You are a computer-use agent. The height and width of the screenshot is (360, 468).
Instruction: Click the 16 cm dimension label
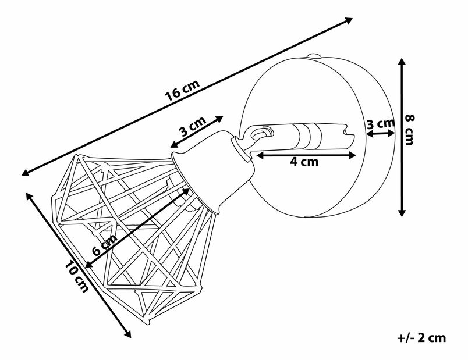click(182, 92)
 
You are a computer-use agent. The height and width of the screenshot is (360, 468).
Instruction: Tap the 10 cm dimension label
click(77, 277)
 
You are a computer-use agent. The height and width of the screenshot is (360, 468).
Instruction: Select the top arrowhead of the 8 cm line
click(402, 61)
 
